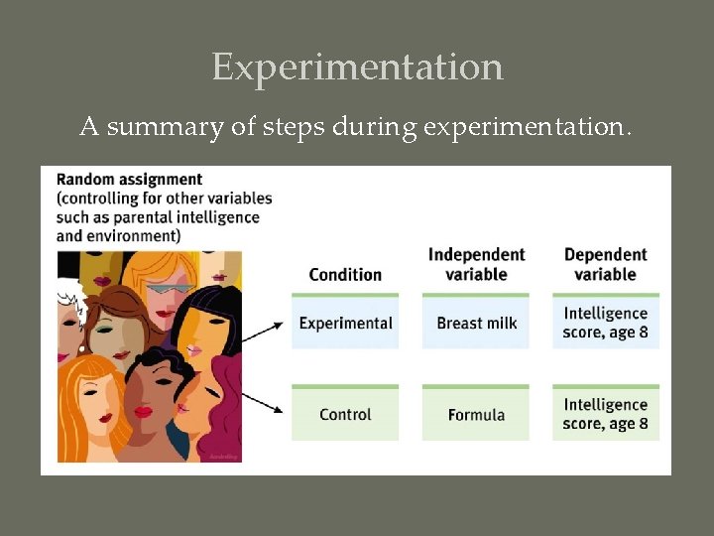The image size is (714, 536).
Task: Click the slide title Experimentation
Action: (x=357, y=67)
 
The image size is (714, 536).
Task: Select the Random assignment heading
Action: (x=129, y=180)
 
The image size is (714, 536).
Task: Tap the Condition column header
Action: (x=345, y=274)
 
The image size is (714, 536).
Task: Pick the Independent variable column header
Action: (x=476, y=264)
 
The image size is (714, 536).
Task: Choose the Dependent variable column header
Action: (x=605, y=264)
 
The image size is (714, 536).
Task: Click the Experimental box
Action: (x=345, y=323)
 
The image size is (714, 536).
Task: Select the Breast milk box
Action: (x=476, y=323)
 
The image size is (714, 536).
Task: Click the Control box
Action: (x=345, y=414)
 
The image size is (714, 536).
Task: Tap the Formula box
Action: (x=476, y=414)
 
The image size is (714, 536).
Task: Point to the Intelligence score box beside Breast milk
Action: (x=605, y=323)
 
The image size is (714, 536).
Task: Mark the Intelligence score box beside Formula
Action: (x=605, y=414)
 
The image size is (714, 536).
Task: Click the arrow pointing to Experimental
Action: (x=263, y=333)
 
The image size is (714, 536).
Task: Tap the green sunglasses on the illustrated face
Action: (x=168, y=290)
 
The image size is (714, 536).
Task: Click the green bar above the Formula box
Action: (x=476, y=386)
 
